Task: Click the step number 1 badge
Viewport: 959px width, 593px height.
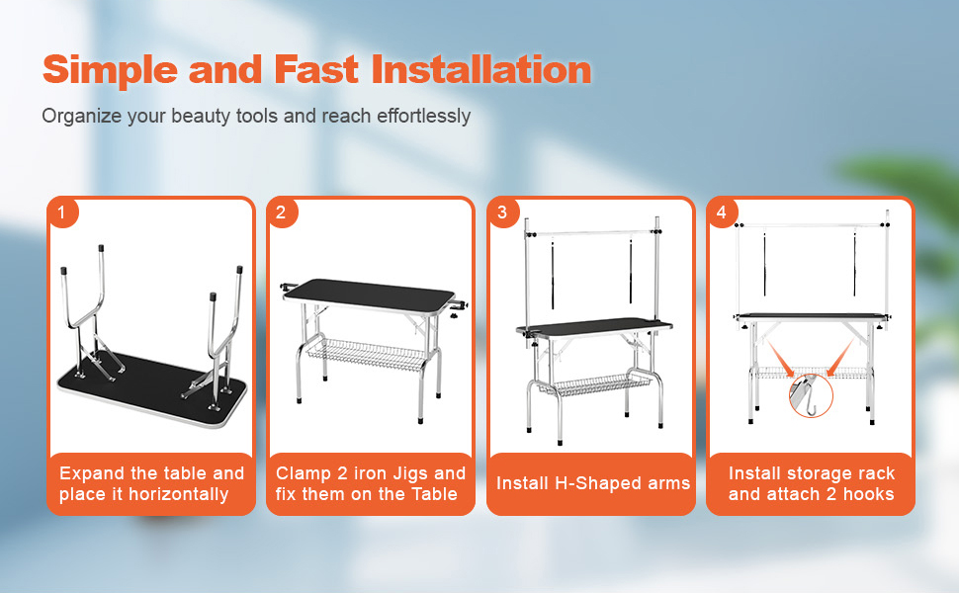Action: (x=62, y=212)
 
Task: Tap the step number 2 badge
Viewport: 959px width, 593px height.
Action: (x=282, y=212)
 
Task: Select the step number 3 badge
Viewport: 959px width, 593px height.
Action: (x=502, y=212)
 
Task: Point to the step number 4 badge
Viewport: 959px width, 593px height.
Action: (x=722, y=212)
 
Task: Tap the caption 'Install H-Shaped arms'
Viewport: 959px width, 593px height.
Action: (x=593, y=483)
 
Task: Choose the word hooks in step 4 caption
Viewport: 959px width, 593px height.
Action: (x=869, y=494)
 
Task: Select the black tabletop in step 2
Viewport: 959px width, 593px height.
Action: (x=367, y=294)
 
